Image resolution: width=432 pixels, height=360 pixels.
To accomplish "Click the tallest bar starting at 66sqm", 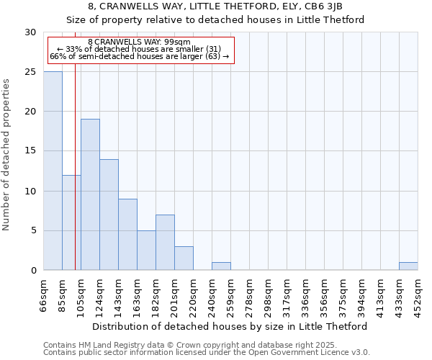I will click(53, 171).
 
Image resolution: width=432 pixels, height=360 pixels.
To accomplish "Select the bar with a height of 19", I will click(90, 194).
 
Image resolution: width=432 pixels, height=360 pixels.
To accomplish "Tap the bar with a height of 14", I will click(109, 215).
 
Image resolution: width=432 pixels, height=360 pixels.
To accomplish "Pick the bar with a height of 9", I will click(127, 234).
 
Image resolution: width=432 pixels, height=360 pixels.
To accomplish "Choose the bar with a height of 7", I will click(165, 242).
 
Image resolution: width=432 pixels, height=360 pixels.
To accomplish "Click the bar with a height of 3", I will click(184, 258).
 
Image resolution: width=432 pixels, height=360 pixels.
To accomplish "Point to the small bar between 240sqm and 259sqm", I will click(221, 266).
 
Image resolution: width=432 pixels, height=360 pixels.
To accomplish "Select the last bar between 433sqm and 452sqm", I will click(408, 266).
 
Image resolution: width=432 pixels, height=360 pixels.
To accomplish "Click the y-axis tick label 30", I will click(30, 32).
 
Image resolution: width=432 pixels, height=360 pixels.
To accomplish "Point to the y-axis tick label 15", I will click(30, 151).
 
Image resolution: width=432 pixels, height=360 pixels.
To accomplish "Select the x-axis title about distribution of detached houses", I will click(230, 326).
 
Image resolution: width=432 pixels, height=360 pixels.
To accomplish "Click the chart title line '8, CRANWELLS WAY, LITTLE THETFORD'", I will click(215, 7).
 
